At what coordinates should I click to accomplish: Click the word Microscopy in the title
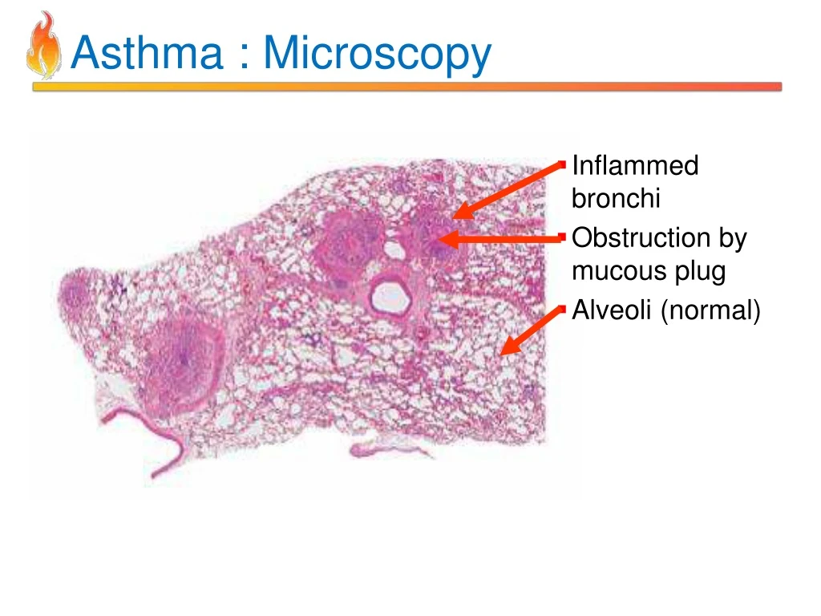[x=377, y=55]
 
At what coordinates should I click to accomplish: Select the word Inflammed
[x=635, y=166]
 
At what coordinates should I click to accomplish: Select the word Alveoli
[x=613, y=309]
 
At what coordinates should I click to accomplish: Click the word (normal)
[x=710, y=310]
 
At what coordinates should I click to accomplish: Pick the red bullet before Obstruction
[x=564, y=238]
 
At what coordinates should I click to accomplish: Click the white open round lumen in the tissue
[x=387, y=297]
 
